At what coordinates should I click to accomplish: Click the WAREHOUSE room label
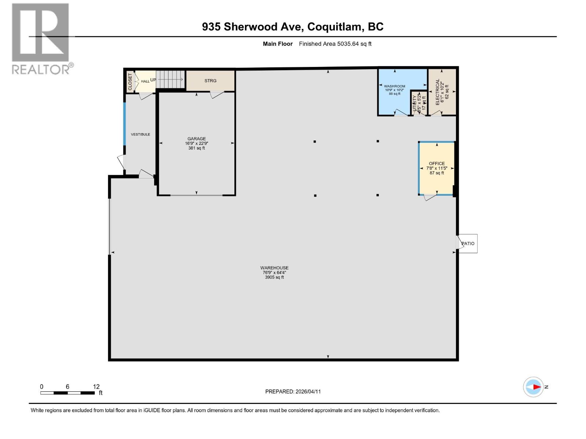(x=274, y=268)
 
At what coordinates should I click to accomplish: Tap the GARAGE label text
(x=196, y=139)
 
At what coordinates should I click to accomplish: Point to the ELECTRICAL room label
(x=437, y=92)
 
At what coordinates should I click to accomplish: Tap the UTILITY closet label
(x=415, y=103)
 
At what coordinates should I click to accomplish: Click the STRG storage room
(x=210, y=80)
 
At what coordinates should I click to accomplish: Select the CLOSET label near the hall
(x=130, y=82)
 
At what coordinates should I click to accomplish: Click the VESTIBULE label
(x=140, y=134)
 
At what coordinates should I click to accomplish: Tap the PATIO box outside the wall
(x=468, y=243)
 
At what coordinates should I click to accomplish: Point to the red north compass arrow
(x=537, y=387)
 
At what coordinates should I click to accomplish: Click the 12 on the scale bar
(x=96, y=387)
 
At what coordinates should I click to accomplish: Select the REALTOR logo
(x=41, y=38)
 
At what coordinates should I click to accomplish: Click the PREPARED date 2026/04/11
(x=308, y=391)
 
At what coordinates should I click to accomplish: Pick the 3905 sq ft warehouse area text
(x=274, y=277)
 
